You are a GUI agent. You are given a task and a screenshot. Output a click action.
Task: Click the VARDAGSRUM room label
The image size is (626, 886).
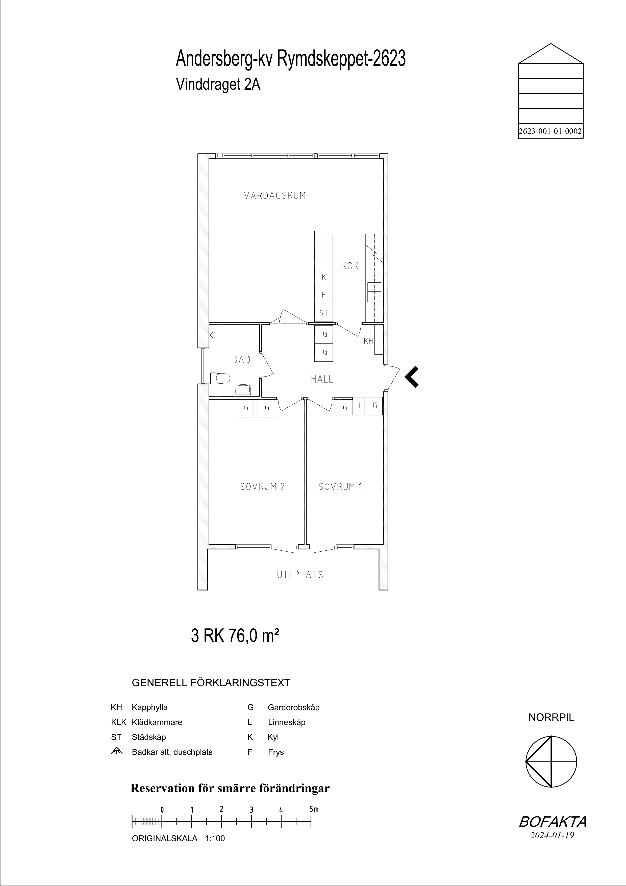pos(275,196)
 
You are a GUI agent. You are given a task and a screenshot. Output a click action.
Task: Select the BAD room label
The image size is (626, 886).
pos(241,360)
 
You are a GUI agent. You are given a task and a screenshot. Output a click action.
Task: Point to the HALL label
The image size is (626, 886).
pos(322,379)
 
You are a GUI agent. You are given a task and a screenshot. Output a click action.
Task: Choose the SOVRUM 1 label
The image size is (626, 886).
pos(340,487)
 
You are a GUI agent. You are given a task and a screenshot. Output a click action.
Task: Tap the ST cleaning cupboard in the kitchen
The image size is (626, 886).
pos(324,313)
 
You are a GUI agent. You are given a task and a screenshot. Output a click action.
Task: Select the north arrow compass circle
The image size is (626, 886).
pos(551,762)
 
